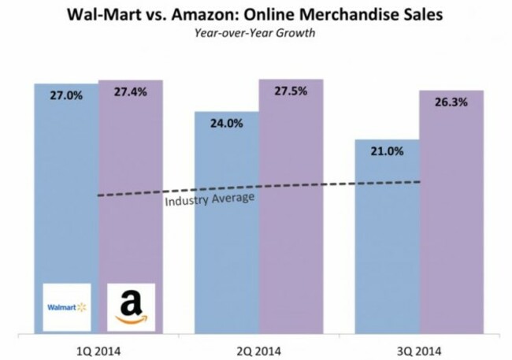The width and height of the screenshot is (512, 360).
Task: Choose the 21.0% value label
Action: click(387, 151)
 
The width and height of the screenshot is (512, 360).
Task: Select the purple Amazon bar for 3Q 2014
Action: click(451, 236)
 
